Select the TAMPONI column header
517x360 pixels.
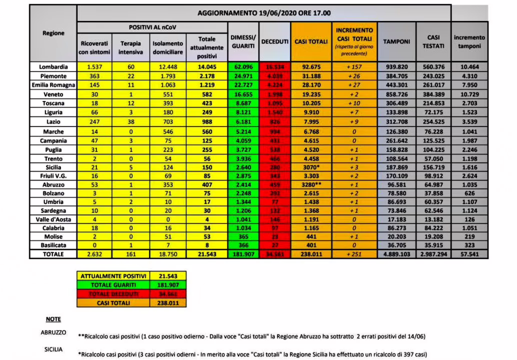click(396, 41)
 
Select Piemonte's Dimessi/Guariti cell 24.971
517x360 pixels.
click(242, 75)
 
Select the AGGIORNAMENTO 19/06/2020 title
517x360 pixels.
click(263, 13)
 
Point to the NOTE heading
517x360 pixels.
click(53, 319)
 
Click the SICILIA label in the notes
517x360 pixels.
click(53, 349)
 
